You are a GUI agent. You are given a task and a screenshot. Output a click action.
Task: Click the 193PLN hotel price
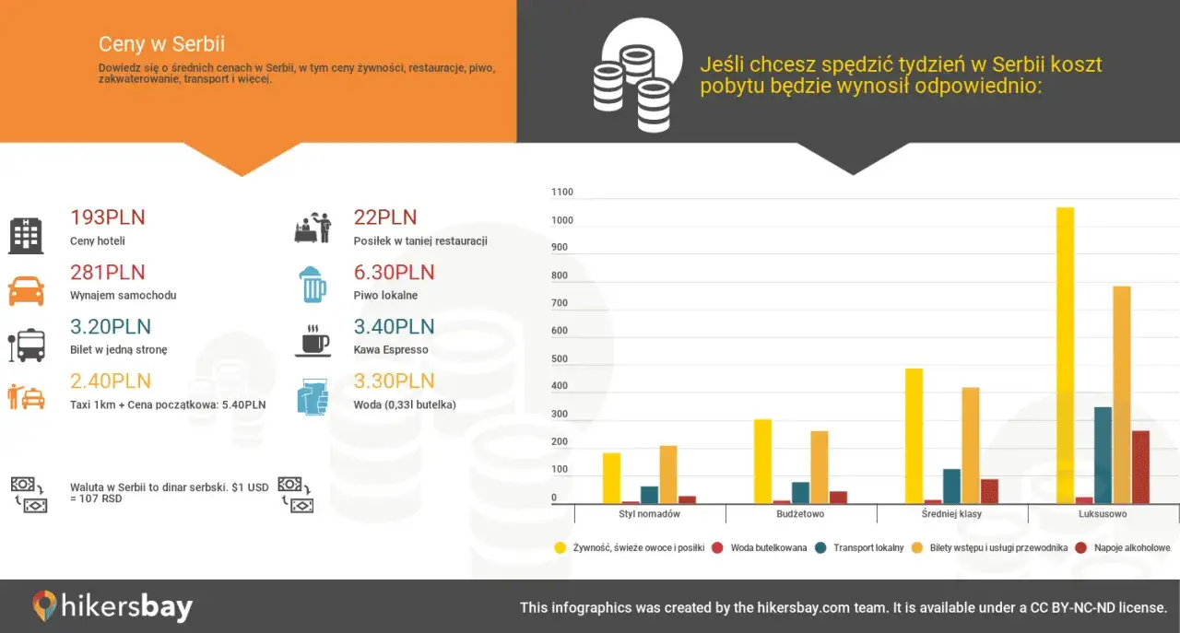coord(108,218)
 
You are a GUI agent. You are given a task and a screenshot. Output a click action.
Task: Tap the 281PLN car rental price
coord(108,273)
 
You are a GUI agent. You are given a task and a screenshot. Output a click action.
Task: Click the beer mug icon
coord(314,285)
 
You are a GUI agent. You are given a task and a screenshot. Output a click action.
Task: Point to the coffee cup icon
coord(313,340)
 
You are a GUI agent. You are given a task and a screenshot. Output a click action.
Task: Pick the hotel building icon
coord(26,236)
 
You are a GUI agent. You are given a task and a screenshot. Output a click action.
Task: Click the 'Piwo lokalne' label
coord(385,296)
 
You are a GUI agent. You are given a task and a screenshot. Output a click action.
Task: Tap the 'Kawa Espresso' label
coord(391,350)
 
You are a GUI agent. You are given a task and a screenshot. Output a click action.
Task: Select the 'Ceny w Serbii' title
coord(161,44)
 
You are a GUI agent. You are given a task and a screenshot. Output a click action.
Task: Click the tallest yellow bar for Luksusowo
coord(1065,355)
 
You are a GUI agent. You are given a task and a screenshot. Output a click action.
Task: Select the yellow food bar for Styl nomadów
coord(611,478)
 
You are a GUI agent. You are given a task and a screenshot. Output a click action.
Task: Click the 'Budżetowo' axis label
coord(800,514)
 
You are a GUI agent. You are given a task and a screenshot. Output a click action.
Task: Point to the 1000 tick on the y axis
coord(561,221)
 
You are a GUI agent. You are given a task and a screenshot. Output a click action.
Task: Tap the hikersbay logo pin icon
coord(44,606)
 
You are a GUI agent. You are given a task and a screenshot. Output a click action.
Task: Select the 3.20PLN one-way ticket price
coord(111,327)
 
